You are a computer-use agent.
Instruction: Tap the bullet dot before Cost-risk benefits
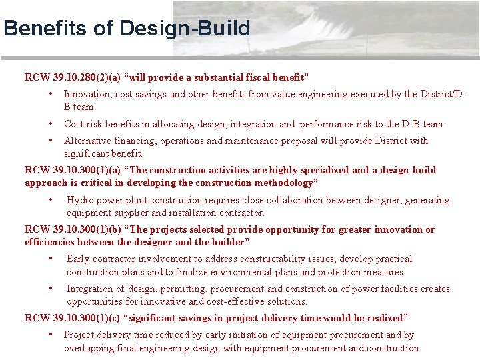pyautogui.click(x=51, y=123)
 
